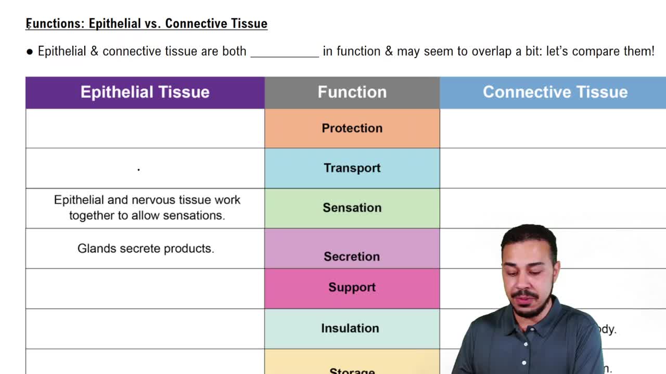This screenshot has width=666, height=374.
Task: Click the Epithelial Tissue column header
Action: click(x=145, y=92)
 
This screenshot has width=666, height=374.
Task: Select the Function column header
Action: click(x=352, y=92)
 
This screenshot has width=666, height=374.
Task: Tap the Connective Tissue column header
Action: click(x=555, y=92)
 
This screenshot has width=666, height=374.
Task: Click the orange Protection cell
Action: click(x=352, y=128)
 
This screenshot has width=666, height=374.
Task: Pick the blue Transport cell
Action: click(x=352, y=168)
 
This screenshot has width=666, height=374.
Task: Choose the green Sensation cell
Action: click(x=352, y=208)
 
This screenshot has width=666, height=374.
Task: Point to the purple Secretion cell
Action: click(x=352, y=249)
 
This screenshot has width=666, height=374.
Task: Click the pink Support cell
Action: click(x=352, y=288)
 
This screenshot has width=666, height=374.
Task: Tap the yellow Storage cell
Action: click(x=352, y=366)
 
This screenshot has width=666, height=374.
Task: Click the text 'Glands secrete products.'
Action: click(x=146, y=249)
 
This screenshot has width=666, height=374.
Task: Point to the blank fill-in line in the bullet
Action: click(x=285, y=54)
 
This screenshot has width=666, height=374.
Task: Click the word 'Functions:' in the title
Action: click(x=56, y=24)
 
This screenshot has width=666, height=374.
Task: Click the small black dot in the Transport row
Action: click(x=138, y=169)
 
